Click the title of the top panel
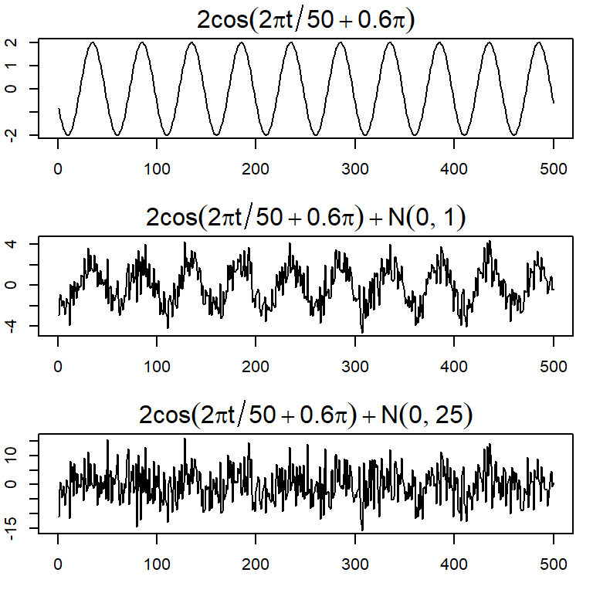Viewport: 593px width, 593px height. [x=307, y=19]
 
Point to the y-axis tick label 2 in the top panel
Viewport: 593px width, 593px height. [x=16, y=42]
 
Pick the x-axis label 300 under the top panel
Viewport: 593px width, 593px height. [x=354, y=168]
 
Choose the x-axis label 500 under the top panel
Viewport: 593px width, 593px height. [x=553, y=168]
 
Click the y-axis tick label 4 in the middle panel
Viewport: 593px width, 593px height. [x=16, y=244]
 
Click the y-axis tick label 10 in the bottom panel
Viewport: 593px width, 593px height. [x=16, y=455]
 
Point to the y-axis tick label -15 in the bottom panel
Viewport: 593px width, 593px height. [x=16, y=529]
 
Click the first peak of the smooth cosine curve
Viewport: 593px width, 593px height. [x=93, y=42]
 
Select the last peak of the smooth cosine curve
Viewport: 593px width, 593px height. [x=539, y=42]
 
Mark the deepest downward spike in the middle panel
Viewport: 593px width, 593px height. [x=362, y=333]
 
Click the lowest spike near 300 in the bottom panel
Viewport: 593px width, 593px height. [x=362, y=530]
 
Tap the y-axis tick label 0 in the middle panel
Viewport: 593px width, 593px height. [x=16, y=285]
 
